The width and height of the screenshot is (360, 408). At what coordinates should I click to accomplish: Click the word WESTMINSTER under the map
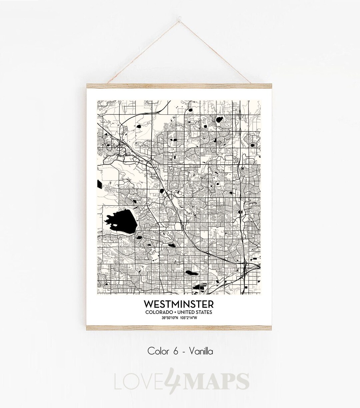click(x=179, y=305)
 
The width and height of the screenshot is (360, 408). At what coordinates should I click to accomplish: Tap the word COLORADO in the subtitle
click(x=158, y=312)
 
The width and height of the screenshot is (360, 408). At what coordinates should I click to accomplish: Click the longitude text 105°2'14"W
click(x=190, y=317)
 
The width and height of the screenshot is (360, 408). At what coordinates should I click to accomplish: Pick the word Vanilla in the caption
click(x=203, y=351)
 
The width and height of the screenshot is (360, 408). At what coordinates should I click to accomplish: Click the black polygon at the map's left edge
click(x=99, y=184)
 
